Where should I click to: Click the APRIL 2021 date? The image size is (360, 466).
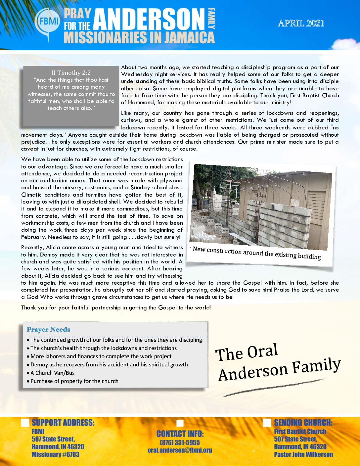(x=301, y=23)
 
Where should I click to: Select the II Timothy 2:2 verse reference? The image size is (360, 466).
(x=71, y=73)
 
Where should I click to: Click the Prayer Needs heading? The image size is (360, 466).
(x=48, y=330)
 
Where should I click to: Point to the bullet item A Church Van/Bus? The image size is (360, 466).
(x=52, y=373)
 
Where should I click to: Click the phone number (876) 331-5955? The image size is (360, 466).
(x=180, y=443)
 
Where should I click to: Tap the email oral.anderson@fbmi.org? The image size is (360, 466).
(x=180, y=450)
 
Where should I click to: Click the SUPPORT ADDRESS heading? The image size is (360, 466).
(x=63, y=423)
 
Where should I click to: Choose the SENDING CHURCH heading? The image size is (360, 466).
(x=303, y=423)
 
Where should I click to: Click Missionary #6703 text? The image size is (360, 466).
(x=55, y=455)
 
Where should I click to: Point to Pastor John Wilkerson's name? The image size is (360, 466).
(x=303, y=455)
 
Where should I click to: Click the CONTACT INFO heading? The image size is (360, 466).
(x=180, y=434)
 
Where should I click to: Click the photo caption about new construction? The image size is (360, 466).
(x=257, y=254)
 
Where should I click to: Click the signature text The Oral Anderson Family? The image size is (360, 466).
(x=278, y=363)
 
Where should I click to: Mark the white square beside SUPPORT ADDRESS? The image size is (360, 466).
(x=25, y=423)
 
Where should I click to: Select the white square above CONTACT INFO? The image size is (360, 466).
(x=180, y=423)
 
